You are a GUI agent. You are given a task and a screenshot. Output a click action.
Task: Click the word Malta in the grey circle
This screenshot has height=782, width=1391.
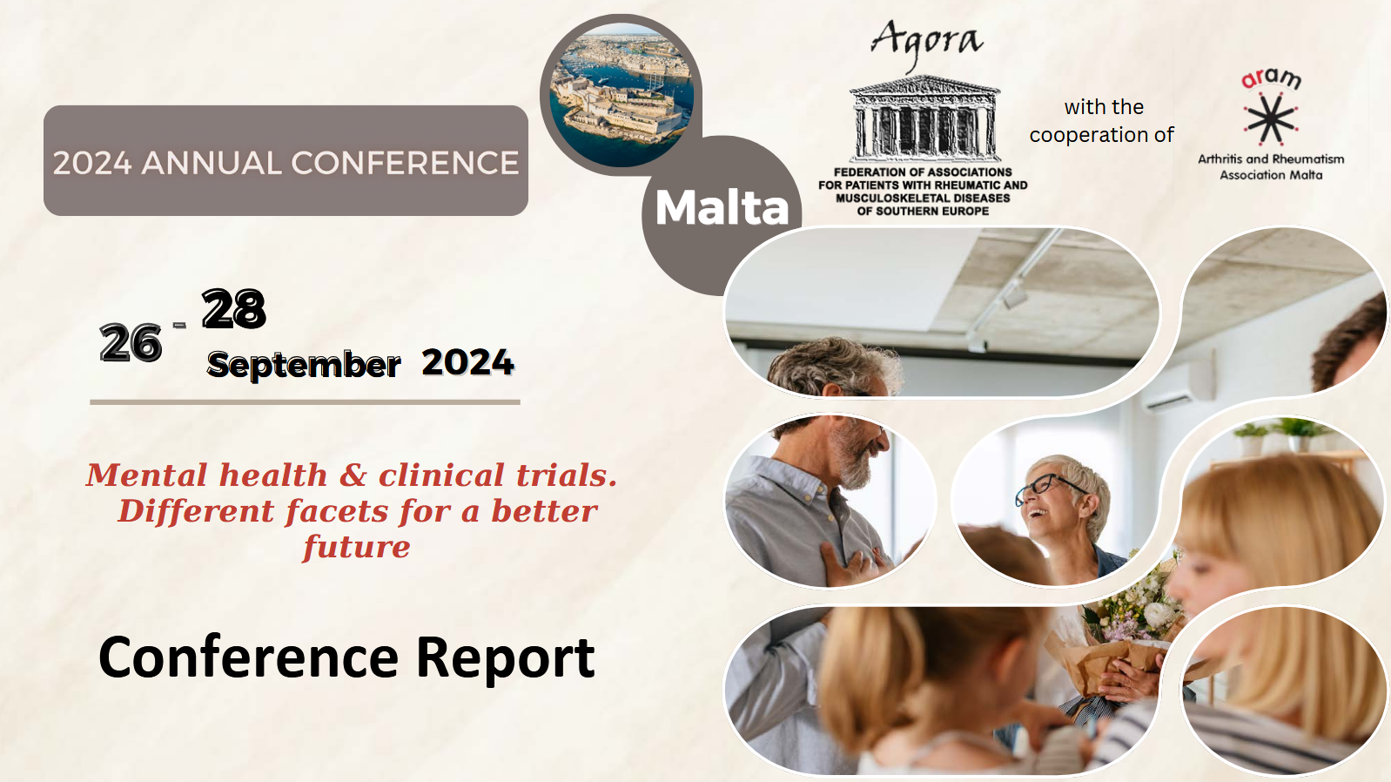(x=722, y=207)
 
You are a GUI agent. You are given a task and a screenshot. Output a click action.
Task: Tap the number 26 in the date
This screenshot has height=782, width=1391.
(x=131, y=343)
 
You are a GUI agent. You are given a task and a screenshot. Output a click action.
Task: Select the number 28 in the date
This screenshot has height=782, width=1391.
(x=234, y=308)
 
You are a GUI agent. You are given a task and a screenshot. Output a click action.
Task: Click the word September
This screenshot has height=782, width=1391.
(x=304, y=365)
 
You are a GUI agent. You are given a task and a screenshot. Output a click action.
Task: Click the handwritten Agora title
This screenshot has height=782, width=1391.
(x=927, y=43)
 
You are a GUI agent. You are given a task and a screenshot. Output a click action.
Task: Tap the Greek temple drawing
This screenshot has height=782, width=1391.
(x=924, y=118)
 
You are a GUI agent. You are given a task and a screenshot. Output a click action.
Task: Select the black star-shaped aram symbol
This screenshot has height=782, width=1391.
(x=1271, y=118)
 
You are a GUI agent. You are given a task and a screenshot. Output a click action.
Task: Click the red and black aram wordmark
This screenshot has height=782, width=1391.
(x=1271, y=79)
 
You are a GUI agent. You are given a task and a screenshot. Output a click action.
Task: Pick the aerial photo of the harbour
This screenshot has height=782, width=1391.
(x=622, y=95)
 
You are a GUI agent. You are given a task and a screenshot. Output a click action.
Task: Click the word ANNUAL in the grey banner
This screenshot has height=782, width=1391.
(x=212, y=164)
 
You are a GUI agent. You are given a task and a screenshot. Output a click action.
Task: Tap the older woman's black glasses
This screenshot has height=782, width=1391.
(x=1050, y=486)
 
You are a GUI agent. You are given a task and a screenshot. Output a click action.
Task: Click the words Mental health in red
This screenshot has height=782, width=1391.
(x=207, y=475)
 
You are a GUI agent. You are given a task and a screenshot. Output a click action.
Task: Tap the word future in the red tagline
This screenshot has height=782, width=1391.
(x=356, y=548)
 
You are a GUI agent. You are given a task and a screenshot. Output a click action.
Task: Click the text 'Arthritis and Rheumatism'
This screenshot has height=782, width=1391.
(x=1271, y=159)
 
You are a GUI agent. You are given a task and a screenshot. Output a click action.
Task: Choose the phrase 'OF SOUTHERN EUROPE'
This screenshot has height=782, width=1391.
(x=923, y=212)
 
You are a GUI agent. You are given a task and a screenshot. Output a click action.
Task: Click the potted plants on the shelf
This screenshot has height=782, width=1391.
(x=1280, y=435)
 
